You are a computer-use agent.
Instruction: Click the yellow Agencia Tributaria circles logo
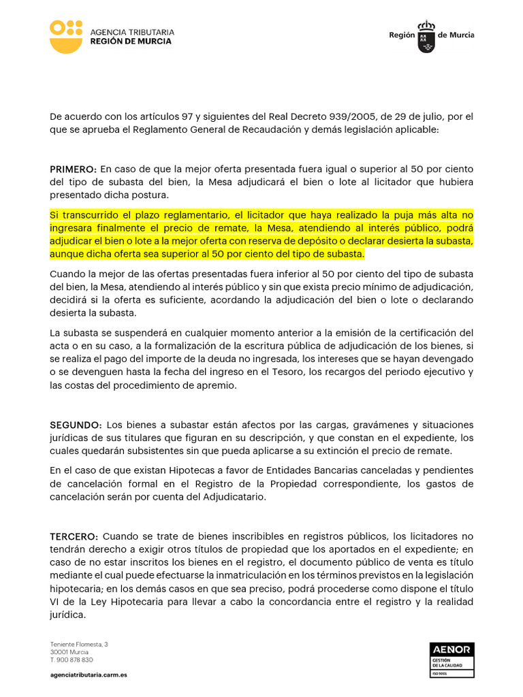(67, 37)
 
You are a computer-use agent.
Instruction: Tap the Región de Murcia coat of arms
(427, 36)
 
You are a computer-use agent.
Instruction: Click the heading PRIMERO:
(74, 169)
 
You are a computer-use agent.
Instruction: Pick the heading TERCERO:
(74, 537)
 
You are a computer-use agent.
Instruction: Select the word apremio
(219, 385)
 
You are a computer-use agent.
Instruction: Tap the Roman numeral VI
(55, 602)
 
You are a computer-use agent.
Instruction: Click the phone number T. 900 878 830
(72, 660)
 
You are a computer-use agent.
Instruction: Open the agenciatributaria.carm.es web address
(89, 674)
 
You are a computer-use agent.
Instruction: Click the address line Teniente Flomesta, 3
(79, 643)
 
